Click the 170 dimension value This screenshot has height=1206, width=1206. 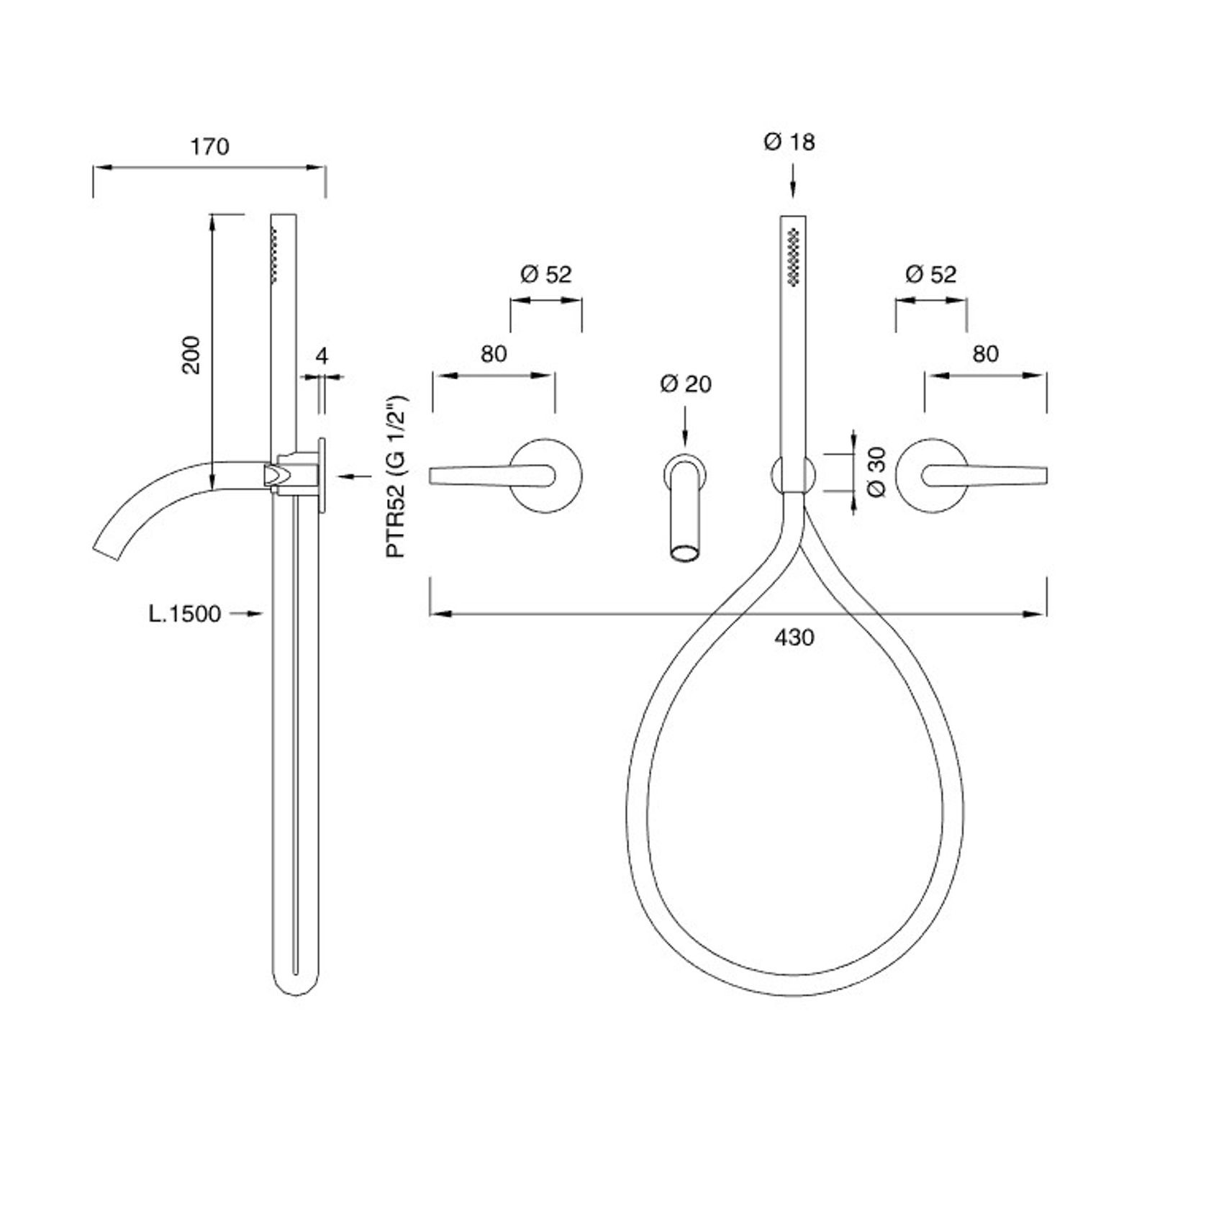coord(209,147)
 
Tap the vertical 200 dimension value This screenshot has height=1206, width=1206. coord(191,354)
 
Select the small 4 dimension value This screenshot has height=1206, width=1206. coord(322,355)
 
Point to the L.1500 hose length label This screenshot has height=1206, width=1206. coord(185,614)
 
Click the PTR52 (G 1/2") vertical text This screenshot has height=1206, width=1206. coord(396,476)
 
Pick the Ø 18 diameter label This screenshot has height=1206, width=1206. coord(789,142)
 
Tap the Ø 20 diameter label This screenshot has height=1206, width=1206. coord(686,384)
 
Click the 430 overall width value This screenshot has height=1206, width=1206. coord(795,638)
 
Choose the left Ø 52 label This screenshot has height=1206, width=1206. coord(545,274)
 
